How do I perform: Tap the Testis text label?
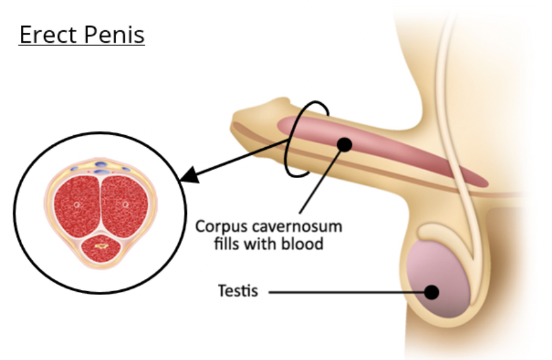[237, 292]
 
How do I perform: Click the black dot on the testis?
[432, 292]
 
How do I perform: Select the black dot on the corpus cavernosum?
[344, 145]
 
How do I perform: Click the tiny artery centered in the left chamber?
[76, 205]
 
